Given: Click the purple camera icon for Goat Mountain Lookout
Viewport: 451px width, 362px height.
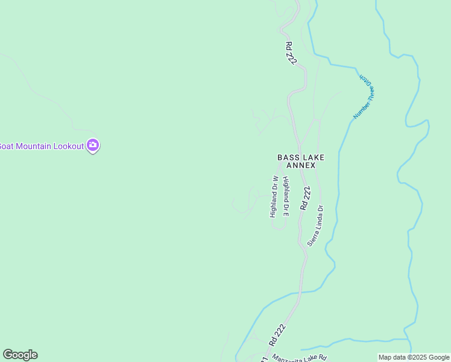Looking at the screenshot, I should click(93, 145).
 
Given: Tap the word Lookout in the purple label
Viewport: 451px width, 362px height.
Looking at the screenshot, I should click(68, 146).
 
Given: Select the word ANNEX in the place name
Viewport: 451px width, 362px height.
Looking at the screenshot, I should click(301, 165).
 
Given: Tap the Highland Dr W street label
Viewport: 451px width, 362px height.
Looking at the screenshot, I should click(273, 196).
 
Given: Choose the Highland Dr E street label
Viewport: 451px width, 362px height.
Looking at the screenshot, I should click(286, 197).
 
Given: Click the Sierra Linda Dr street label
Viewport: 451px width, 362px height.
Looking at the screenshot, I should click(316, 225).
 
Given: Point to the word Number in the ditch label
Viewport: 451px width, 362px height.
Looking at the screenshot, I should click(361, 110).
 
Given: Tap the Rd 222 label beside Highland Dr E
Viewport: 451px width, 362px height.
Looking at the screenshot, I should click(306, 198).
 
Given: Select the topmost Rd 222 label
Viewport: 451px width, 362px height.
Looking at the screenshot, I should click(291, 52).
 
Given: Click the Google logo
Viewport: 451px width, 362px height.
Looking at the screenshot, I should click(20, 355).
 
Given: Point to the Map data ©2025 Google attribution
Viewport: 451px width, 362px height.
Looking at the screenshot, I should click(414, 357).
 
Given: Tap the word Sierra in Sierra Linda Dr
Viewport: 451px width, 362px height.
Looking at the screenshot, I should click(312, 238).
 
